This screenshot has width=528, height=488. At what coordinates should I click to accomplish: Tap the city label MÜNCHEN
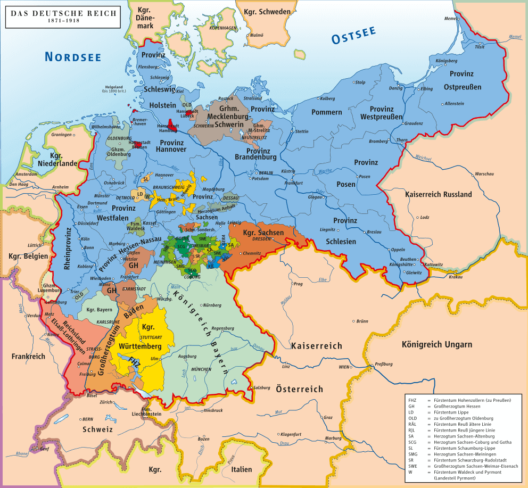(x=201, y=369)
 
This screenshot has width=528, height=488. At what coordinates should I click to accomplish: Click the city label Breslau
(x=375, y=233)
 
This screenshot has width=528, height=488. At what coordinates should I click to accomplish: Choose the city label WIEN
(x=344, y=367)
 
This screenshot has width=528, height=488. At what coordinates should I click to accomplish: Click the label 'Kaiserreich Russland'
(x=438, y=195)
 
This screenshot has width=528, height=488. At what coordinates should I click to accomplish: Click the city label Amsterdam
(x=26, y=175)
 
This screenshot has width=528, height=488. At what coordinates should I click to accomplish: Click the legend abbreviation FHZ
(x=413, y=400)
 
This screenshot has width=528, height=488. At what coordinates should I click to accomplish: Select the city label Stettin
(x=302, y=131)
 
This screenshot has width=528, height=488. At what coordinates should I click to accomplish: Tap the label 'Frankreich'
(x=28, y=356)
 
